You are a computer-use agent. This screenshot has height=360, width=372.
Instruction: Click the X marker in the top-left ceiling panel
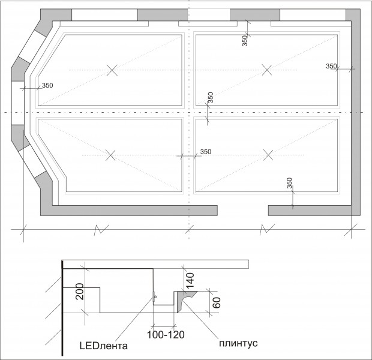click(112, 70)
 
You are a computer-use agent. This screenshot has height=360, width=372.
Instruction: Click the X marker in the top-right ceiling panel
click(267, 70)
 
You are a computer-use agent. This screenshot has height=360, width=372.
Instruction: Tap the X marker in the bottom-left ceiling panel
click(110, 155)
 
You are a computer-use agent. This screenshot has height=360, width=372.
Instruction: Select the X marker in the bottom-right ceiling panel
click(268, 155)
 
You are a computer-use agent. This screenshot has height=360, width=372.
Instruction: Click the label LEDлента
click(103, 346)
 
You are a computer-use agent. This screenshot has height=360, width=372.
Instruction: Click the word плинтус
click(238, 343)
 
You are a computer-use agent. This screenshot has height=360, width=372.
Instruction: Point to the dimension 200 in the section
click(80, 292)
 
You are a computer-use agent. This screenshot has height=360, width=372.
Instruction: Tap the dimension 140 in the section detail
click(190, 281)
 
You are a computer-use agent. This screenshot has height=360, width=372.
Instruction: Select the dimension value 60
click(217, 302)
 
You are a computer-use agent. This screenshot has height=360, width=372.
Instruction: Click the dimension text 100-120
click(166, 335)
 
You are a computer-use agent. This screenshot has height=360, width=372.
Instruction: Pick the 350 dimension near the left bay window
click(47, 85)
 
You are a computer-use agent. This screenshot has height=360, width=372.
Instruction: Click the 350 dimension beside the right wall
click(331, 66)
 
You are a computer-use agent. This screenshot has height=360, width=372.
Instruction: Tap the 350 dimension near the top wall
click(245, 41)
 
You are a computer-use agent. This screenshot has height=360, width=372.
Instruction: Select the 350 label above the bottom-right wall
click(289, 183)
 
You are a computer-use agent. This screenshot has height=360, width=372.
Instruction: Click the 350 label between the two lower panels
click(206, 152)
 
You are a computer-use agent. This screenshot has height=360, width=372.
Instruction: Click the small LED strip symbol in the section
click(154, 296)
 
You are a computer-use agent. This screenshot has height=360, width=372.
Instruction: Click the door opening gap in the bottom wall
click(243, 211)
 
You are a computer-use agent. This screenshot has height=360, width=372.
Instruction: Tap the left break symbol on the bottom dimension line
click(101, 229)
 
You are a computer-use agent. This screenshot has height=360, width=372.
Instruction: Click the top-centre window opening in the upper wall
click(209, 15)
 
